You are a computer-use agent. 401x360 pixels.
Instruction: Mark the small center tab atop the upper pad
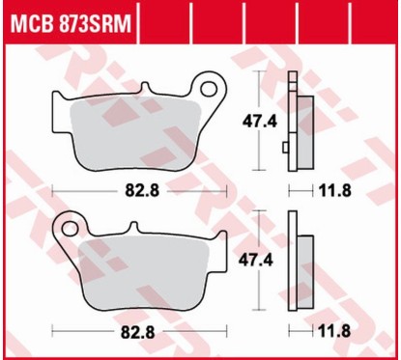[x=147, y=93]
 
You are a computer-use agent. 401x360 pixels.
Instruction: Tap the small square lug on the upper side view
[x=286, y=148]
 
